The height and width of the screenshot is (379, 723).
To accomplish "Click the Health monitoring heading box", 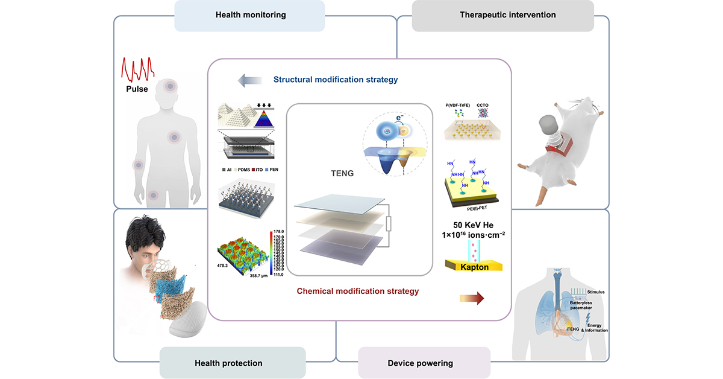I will click(x=250, y=15).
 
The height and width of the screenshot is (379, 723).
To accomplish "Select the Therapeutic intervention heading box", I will click(x=502, y=15).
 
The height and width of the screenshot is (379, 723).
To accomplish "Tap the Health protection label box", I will click(x=228, y=363).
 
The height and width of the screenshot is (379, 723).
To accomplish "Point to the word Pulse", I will click(x=137, y=88).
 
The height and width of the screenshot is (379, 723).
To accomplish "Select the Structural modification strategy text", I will click(x=336, y=80).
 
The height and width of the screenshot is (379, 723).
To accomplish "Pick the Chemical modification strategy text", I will click(x=358, y=291).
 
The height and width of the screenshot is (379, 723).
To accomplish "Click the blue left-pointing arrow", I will click(x=248, y=80).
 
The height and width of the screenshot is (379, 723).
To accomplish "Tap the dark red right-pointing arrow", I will click(x=472, y=297).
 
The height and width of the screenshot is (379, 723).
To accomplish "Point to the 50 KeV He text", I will click(x=474, y=225).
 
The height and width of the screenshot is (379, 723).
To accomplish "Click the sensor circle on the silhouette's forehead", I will click(x=171, y=87).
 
